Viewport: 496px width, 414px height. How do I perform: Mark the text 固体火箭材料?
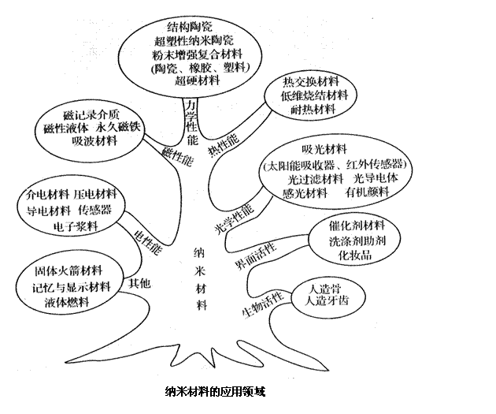coord(67,270)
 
